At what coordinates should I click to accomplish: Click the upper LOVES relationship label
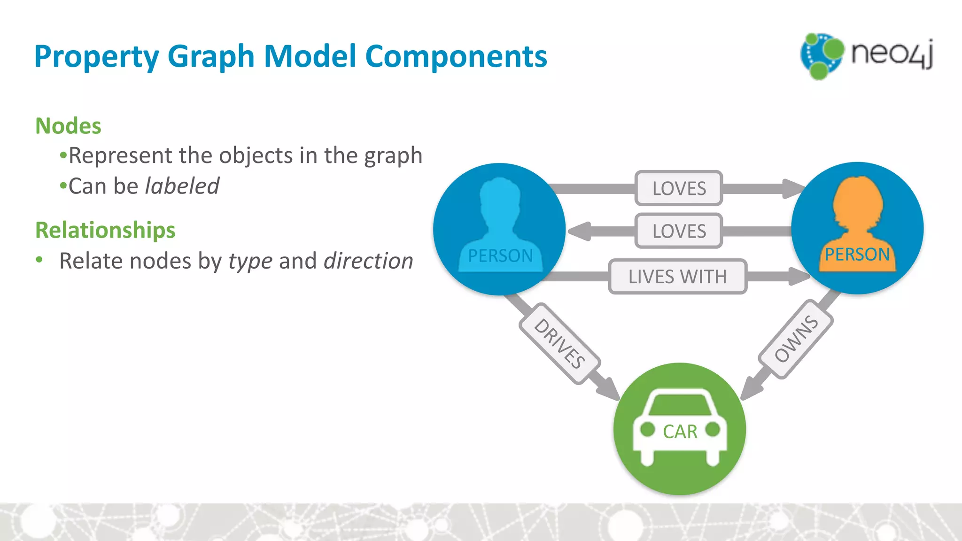coord(679,188)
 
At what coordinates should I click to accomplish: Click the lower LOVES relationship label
coord(679,231)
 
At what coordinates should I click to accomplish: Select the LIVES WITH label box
coord(677,277)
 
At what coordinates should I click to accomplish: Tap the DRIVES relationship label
coord(559,344)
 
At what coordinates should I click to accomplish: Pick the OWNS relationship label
coord(796,339)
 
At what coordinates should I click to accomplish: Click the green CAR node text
coord(680,432)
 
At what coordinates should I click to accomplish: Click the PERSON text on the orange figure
coord(857,255)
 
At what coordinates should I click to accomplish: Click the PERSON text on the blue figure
coord(500,256)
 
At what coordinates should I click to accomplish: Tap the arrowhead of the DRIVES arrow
coord(609,389)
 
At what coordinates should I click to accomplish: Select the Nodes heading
coord(69,126)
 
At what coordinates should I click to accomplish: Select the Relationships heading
coord(105,230)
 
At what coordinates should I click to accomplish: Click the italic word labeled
coord(182,186)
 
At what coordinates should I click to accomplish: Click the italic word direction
coord(368,261)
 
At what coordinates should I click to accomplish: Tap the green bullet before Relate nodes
coord(39,259)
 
